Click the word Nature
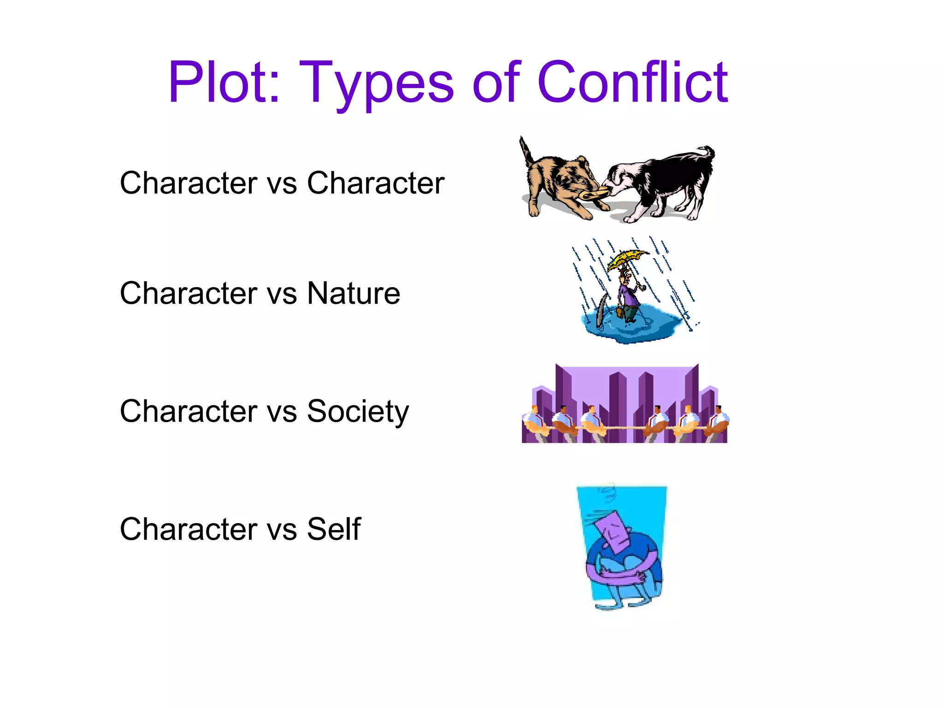coord(354,293)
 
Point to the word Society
coord(358,411)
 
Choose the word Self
coord(334,529)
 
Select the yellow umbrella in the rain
coord(627,258)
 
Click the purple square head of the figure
coord(613,530)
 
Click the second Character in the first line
coord(376,183)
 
